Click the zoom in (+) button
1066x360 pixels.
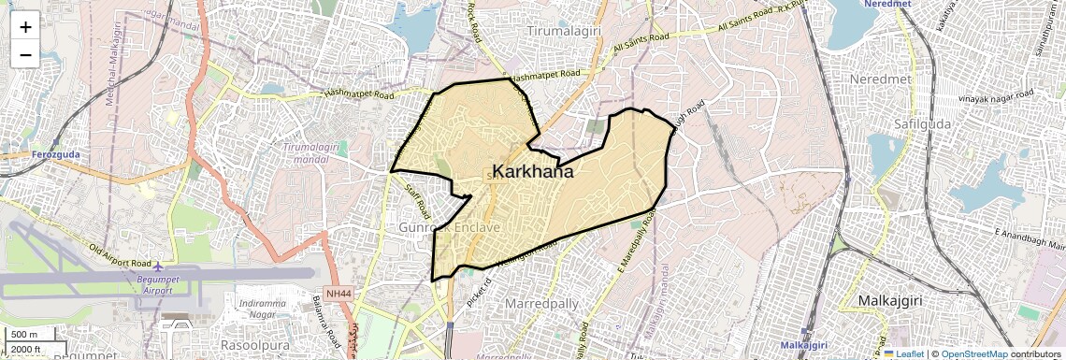tap(25, 26)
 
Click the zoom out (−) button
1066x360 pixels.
tap(25, 54)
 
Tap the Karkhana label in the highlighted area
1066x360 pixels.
tap(532, 172)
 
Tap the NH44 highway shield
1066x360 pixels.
tap(340, 294)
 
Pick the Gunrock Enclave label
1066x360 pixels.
tap(451, 227)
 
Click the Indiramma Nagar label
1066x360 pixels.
tap(267, 310)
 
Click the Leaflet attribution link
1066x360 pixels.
tap(905, 353)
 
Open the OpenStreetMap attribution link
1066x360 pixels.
tap(973, 353)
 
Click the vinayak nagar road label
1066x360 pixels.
tap(997, 97)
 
